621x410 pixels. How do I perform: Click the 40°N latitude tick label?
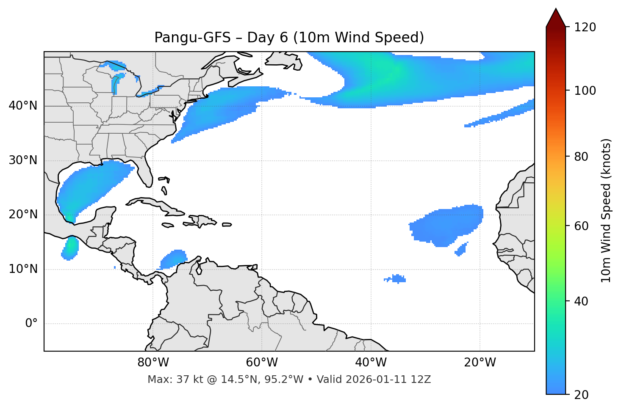click(23, 106)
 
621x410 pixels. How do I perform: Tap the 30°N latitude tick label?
click(23, 160)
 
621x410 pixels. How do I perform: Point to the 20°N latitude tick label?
click(23, 215)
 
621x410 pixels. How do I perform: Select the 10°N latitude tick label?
click(23, 269)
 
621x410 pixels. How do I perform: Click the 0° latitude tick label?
click(31, 324)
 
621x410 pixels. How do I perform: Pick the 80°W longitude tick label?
click(153, 363)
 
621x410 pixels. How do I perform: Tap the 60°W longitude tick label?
click(262, 363)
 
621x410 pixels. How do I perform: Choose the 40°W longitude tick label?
click(371, 363)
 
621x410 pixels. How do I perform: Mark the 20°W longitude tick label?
click(480, 363)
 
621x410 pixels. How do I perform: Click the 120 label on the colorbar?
click(585, 28)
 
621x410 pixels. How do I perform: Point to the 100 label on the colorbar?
click(585, 91)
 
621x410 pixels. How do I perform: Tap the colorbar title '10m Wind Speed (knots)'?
click(606, 210)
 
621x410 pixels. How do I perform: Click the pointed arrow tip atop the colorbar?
click(556, 10)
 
